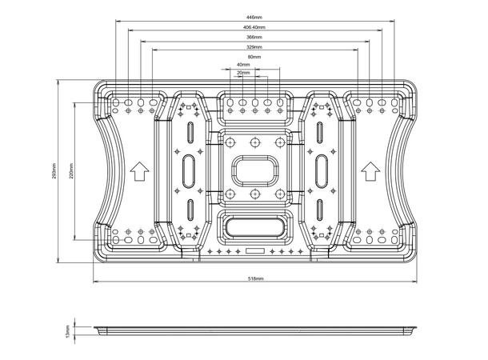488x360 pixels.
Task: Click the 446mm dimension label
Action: (254, 16)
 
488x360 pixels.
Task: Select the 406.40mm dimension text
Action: (254, 26)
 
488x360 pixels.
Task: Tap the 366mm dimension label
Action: (254, 37)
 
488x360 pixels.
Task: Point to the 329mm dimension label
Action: (254, 47)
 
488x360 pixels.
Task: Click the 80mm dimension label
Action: (254, 57)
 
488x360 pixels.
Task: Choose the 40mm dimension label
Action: (243, 65)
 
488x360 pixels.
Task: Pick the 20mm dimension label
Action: (243, 73)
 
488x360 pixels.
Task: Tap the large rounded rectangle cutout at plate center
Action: (254, 169)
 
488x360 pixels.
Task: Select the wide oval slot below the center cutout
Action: (254, 225)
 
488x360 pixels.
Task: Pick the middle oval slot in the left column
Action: (190, 170)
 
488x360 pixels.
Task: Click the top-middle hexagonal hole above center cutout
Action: (254, 142)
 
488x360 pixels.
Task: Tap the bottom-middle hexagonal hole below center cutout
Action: (254, 194)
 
